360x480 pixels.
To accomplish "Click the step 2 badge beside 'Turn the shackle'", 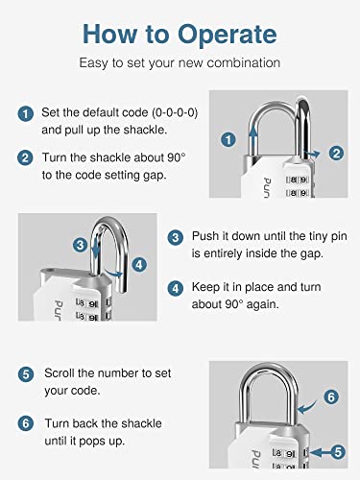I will (x=26, y=156).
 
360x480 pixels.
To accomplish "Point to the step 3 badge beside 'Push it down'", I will (x=175, y=236).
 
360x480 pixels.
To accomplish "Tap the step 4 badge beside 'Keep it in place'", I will (x=175, y=287).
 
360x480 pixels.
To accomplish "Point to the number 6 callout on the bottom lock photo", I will (x=331, y=395).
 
